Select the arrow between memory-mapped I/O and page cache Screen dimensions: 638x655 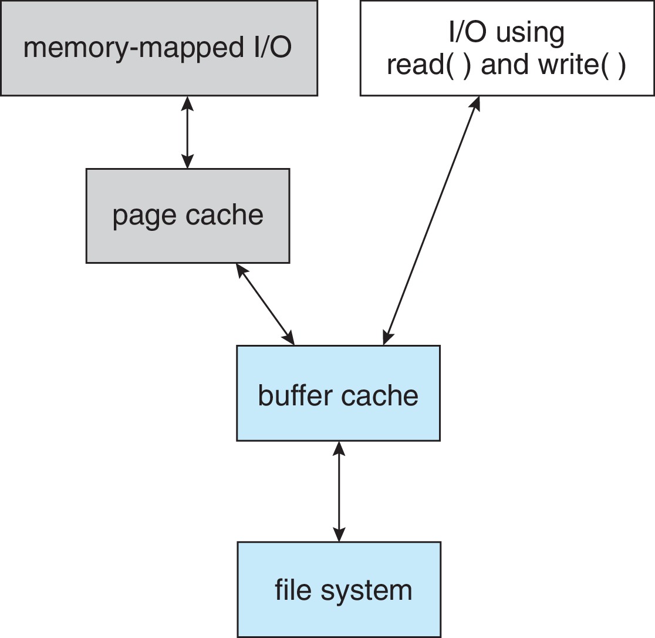187,132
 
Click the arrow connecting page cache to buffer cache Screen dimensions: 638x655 265,304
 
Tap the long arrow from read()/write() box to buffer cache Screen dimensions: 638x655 431,220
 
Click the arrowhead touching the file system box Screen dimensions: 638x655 339,535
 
